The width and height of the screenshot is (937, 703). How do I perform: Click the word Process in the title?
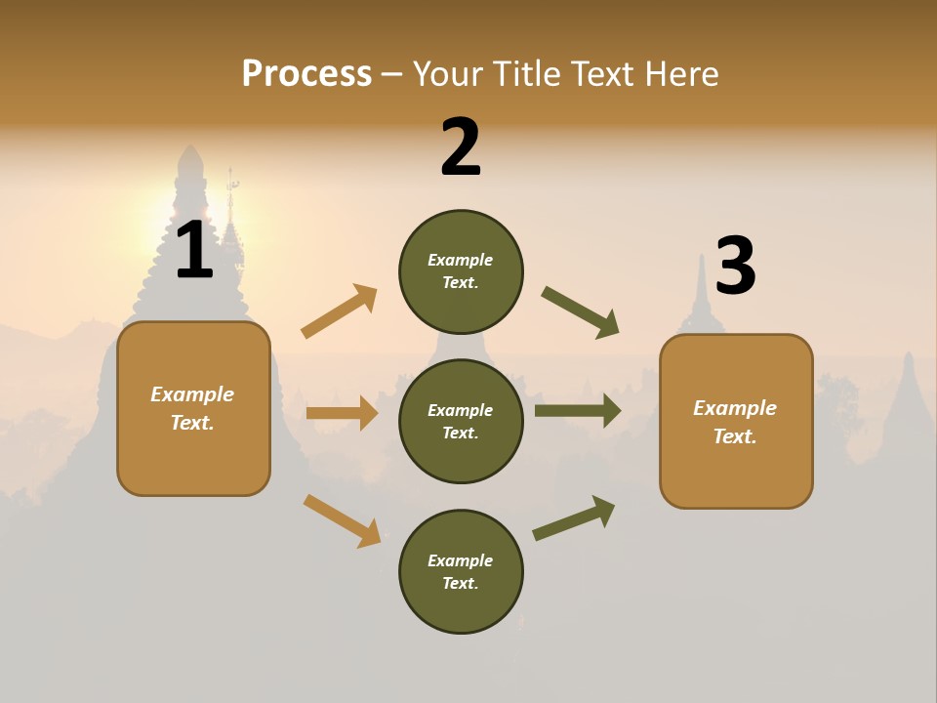pos(306,73)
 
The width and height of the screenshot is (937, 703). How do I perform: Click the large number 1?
pos(194,251)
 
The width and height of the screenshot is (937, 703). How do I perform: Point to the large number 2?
pos(461,146)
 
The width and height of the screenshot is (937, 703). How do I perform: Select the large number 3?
pos(736,266)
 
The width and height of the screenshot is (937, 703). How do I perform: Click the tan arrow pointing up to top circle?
pos(340,311)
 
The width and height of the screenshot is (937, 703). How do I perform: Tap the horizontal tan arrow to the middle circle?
pos(342,413)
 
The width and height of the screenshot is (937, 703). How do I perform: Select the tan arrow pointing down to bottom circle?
pos(342,519)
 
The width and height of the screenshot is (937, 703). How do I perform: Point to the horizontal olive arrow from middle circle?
pos(577,411)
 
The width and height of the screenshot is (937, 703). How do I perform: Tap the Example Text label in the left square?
pos(192,408)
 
